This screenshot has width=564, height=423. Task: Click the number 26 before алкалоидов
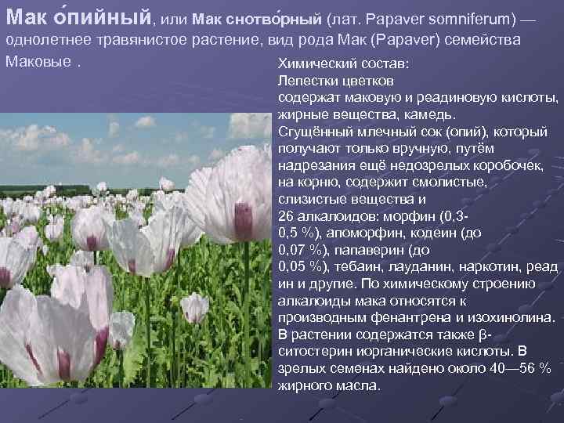(286, 216)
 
